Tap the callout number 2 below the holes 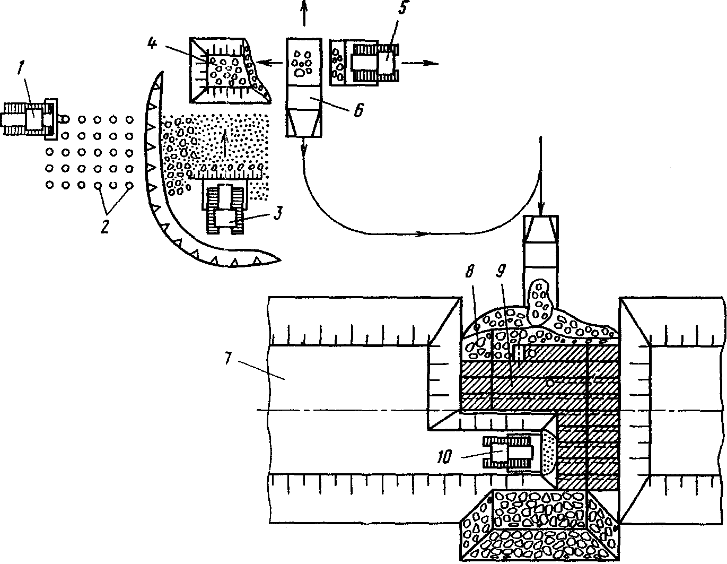click(104, 226)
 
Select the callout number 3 click(278, 213)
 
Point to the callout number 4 click(153, 43)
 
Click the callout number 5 click(403, 7)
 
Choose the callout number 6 click(358, 109)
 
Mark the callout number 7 click(227, 358)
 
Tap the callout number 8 click(470, 270)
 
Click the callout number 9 click(501, 270)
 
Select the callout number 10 click(444, 456)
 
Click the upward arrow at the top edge click(304, 13)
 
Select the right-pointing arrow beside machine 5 click(420, 63)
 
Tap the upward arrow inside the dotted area click(225, 144)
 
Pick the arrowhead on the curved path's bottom click(422, 234)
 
